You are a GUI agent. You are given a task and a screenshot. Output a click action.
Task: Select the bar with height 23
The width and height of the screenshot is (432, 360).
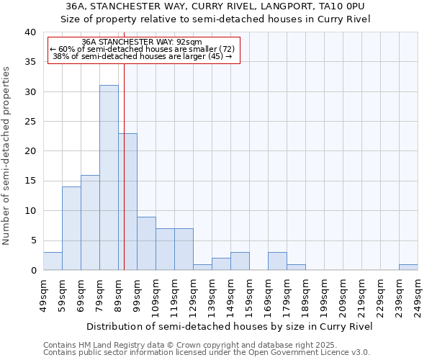[x=127, y=202]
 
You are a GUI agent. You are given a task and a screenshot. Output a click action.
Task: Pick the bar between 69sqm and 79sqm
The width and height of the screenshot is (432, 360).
[x=90, y=222]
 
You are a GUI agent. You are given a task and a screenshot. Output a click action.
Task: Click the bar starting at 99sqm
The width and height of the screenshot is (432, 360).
[x=146, y=243]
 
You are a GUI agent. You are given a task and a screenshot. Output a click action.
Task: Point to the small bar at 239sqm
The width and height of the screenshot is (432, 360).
[x=408, y=267]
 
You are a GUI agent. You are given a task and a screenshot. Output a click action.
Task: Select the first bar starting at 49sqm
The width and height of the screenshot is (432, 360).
[x=53, y=261]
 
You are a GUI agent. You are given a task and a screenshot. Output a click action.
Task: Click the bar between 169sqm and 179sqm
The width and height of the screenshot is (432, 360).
[x=277, y=261]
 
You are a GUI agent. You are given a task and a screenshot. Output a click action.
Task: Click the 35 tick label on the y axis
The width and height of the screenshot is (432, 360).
[x=30, y=62]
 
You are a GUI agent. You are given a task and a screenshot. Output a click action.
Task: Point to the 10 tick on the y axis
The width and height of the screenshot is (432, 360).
[x=30, y=211]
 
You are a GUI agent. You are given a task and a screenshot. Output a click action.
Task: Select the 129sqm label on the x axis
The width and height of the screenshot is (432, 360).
[x=193, y=296]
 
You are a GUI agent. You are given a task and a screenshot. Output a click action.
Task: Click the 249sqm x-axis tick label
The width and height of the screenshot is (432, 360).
[x=418, y=296]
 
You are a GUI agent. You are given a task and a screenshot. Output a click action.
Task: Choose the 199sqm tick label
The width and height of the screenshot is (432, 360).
[x=324, y=296]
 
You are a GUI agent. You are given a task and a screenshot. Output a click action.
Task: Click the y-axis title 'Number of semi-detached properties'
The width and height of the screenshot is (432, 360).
[x=6, y=156]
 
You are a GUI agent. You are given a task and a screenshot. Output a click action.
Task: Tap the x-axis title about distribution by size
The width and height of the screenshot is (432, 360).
[x=230, y=326]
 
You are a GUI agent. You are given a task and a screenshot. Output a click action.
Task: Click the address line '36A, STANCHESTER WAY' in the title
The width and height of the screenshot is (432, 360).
[x=215, y=6]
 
